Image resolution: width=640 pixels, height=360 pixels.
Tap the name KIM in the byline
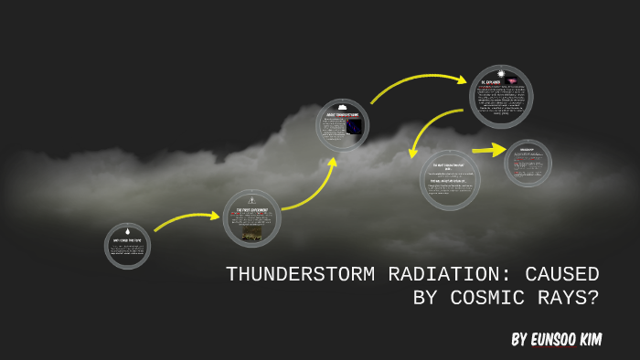(610, 340)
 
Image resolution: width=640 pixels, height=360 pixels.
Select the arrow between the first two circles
(187, 220)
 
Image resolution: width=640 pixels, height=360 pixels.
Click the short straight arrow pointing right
(488, 149)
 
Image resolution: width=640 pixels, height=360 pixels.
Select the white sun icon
(501, 73)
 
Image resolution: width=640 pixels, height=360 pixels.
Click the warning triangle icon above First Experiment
(251, 198)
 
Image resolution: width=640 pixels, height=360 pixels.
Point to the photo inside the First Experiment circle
(251, 235)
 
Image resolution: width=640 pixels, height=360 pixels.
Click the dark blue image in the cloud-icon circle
(354, 126)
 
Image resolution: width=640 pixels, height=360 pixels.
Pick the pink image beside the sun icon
(512, 82)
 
